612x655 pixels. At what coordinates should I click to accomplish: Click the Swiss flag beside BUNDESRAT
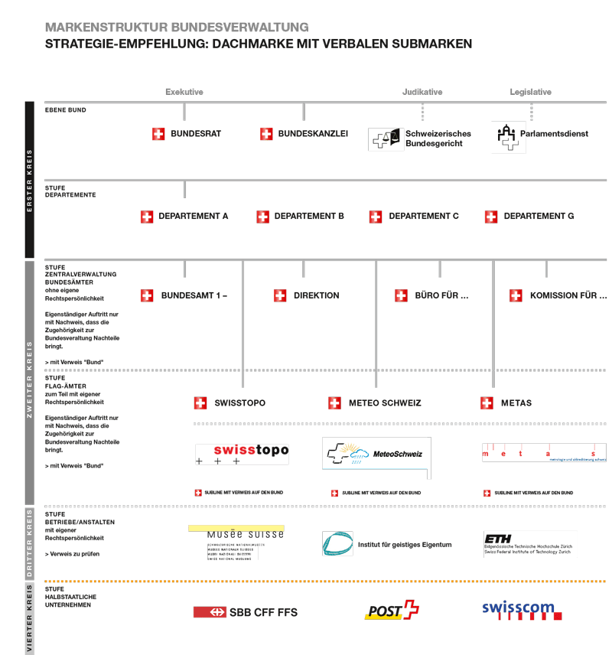point(158,134)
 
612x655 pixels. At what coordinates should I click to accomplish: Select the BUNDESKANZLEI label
point(313,134)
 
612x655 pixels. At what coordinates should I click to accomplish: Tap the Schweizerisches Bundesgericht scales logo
point(384,138)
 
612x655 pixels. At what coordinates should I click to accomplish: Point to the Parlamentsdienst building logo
point(506,135)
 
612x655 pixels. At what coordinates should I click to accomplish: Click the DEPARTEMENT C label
point(424,217)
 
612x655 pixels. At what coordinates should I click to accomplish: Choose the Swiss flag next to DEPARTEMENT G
point(491,217)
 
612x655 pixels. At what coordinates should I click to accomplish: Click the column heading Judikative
point(422,92)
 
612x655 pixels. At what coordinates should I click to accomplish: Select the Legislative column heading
point(530,92)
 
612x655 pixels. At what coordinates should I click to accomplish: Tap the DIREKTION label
point(316,295)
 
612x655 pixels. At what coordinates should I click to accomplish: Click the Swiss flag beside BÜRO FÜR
point(401,295)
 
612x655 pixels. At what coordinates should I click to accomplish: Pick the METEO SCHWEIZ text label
point(385,403)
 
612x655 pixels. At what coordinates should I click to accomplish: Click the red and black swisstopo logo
point(242,454)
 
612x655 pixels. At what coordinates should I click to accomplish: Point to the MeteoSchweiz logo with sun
point(376,454)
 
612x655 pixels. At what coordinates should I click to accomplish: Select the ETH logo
point(528,543)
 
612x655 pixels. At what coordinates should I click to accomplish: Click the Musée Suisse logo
point(236,542)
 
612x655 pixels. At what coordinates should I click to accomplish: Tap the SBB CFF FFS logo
point(246,612)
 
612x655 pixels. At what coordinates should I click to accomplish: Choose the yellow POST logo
point(392,611)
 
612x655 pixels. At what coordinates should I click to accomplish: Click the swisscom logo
point(522,610)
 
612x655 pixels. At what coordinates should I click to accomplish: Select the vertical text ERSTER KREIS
point(30,180)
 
